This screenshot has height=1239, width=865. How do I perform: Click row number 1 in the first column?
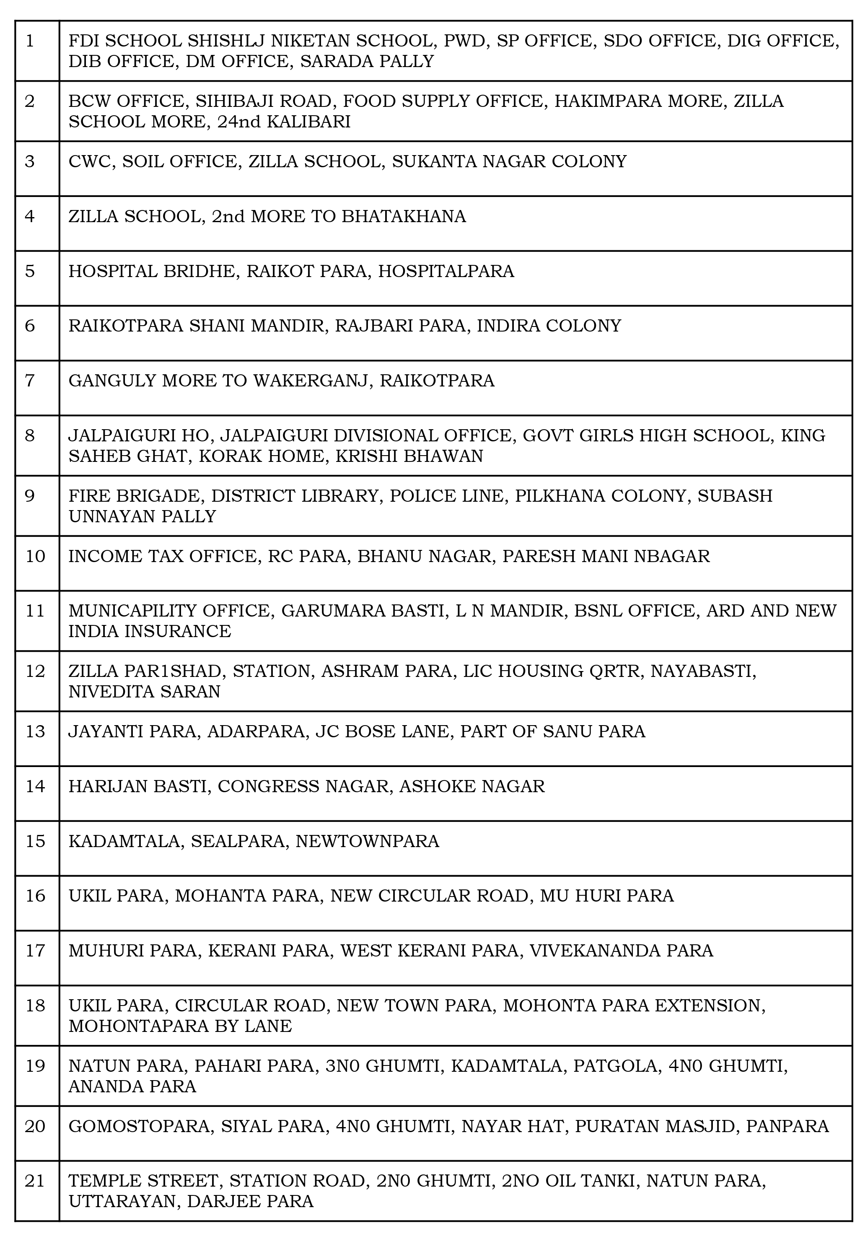coord(30,41)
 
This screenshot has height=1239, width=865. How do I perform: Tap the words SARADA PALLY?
coord(367,62)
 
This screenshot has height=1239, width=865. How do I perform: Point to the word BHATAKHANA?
coord(404,216)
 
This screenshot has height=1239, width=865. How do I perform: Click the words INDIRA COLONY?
coord(549,326)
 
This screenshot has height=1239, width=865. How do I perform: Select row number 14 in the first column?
coord(35,786)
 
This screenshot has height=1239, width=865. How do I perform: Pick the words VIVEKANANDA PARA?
coord(621,950)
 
